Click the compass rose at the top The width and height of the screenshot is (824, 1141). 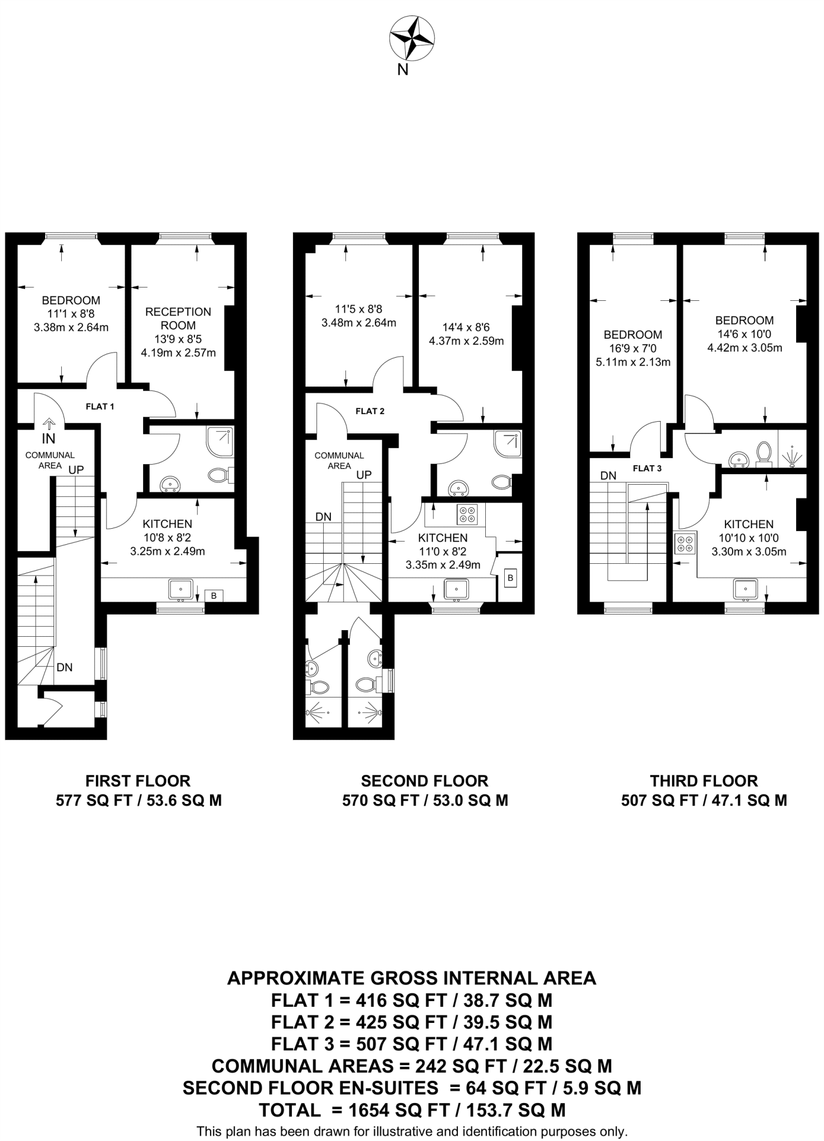point(412,38)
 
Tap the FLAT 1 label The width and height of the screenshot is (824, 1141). point(100,407)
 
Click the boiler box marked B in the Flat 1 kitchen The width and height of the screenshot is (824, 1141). point(214,596)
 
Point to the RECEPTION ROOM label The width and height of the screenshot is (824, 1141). point(178,318)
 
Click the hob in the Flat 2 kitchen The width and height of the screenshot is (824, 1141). point(467,514)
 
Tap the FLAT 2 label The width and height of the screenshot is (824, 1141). point(370,411)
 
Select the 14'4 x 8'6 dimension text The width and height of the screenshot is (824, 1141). point(466,328)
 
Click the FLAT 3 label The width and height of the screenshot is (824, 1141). point(647,468)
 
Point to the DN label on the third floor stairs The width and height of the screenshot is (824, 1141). point(608,476)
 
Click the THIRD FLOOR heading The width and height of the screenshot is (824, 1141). point(704,781)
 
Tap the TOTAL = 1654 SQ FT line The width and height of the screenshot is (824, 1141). point(412,1110)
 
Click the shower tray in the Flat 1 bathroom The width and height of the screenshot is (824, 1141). point(220,441)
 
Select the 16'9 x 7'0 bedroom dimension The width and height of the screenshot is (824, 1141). point(632,349)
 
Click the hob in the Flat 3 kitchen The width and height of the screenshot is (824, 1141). point(685,544)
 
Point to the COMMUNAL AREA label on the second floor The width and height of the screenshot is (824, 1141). point(339,460)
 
